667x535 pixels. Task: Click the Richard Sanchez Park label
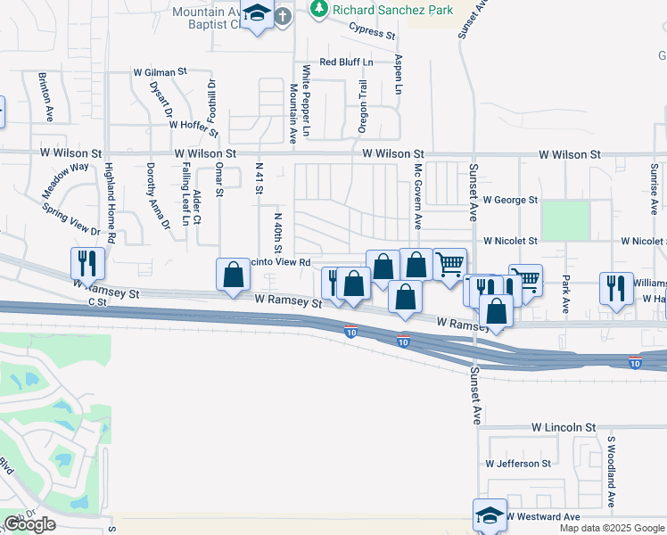point(393,10)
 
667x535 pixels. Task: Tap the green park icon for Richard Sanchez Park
point(318,9)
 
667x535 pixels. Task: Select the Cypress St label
point(372,33)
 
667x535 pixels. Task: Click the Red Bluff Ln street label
point(347,62)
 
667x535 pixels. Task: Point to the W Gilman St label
point(161,71)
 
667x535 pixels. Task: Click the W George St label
point(511,201)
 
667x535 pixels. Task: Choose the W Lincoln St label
point(564,428)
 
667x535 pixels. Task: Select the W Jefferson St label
point(518,464)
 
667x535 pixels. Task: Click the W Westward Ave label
point(543,516)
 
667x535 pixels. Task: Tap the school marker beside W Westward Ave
point(489,514)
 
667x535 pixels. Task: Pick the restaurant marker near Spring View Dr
point(87,263)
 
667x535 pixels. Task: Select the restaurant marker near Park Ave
point(616,288)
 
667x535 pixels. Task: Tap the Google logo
point(29,524)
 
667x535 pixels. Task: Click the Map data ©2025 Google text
point(612,528)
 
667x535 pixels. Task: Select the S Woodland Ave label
point(612,470)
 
